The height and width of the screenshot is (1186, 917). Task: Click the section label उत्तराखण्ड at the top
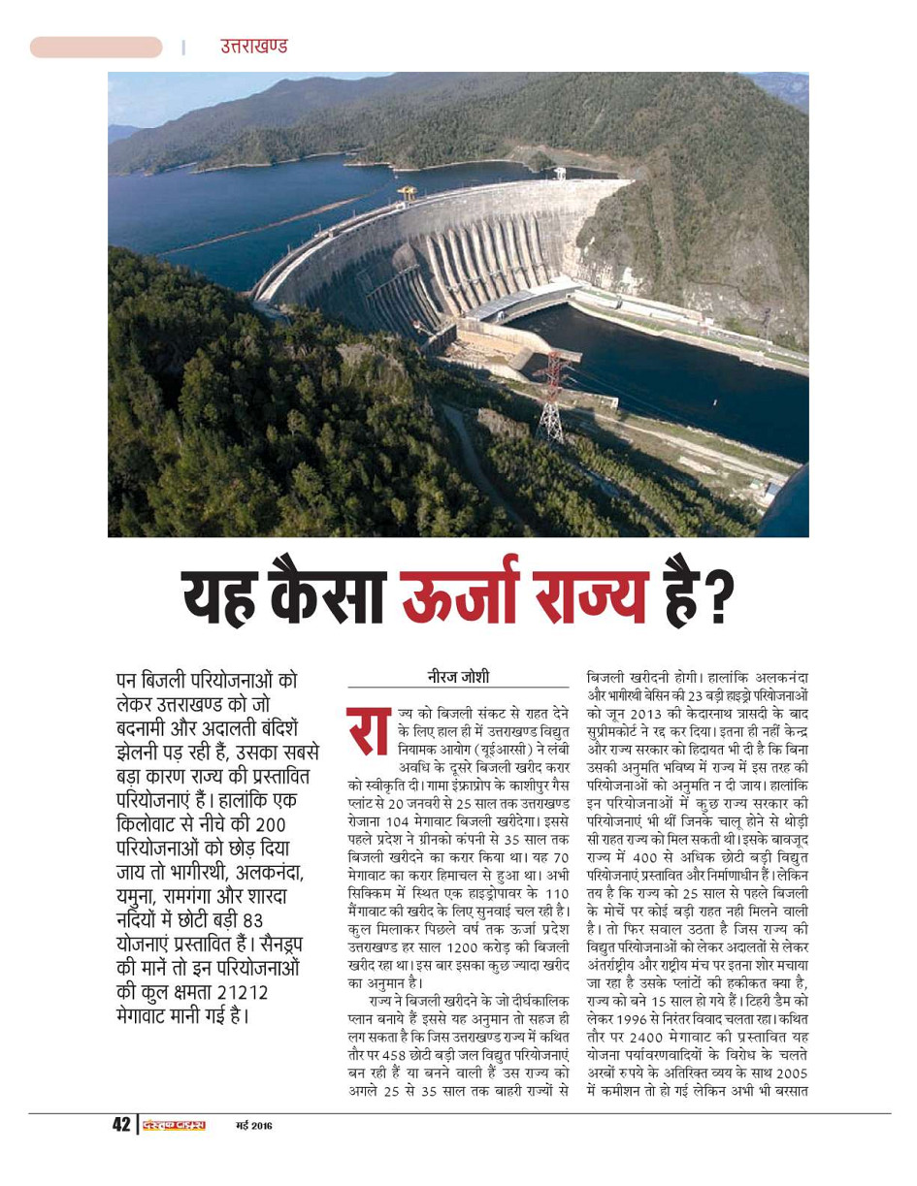click(x=253, y=47)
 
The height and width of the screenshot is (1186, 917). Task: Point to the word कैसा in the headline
click(x=330, y=594)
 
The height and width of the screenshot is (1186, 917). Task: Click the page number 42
click(x=120, y=1125)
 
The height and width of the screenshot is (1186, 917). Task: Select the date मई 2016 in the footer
click(x=254, y=1126)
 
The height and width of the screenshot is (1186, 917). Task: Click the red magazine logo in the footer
click(x=174, y=1126)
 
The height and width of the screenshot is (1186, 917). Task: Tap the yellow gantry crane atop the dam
click(x=407, y=192)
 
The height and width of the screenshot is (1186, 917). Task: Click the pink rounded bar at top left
click(x=96, y=47)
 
